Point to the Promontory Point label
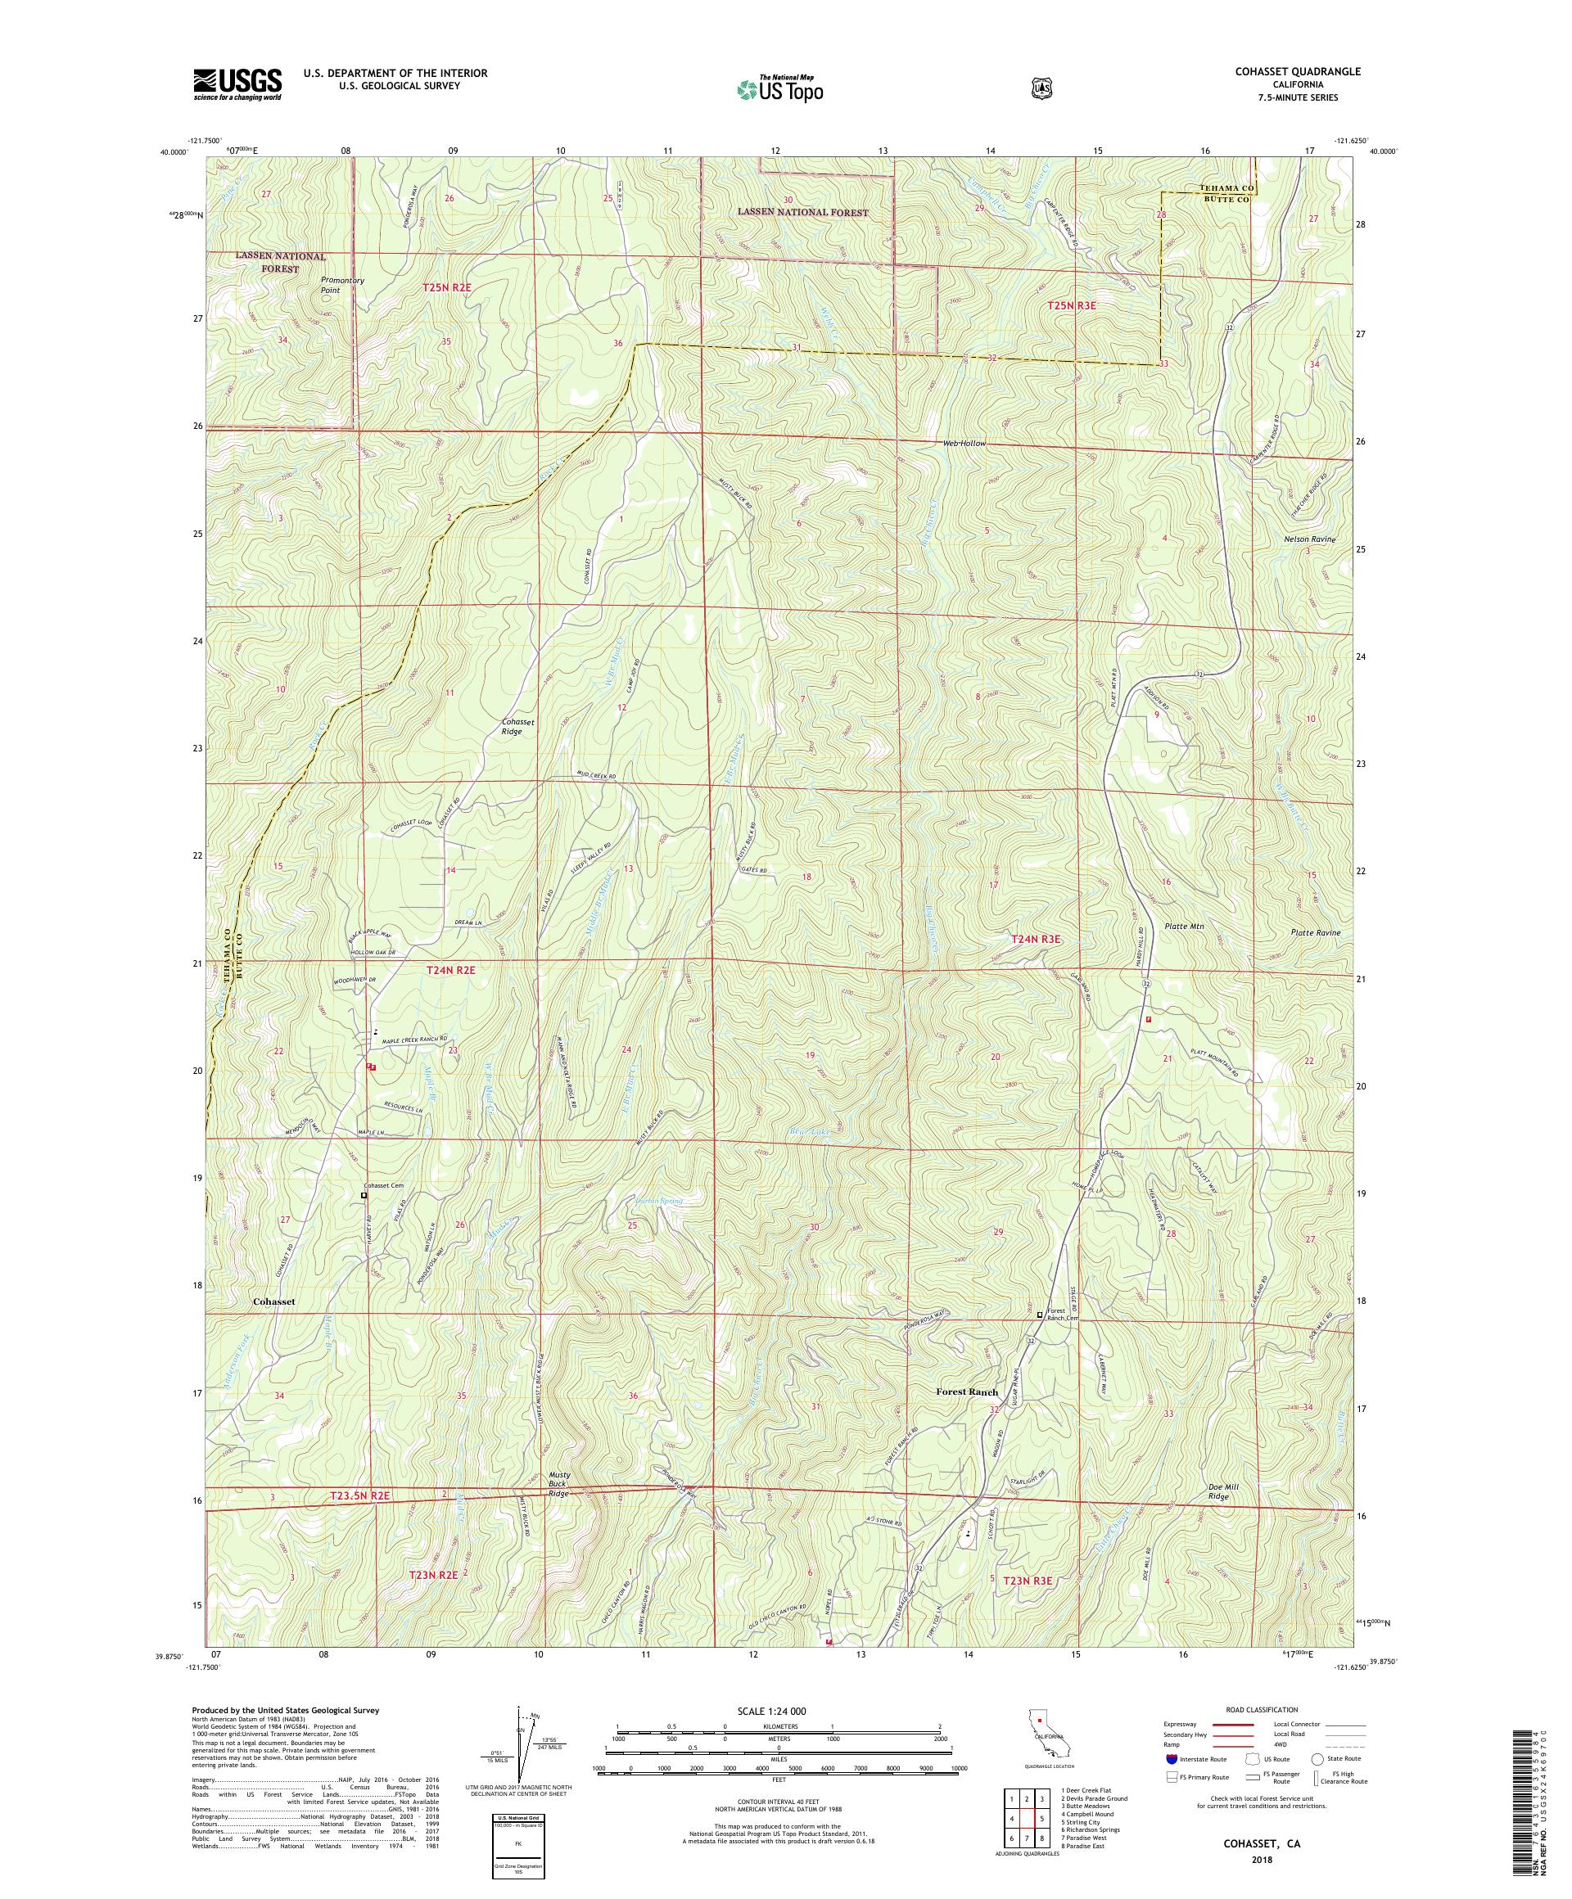[342, 285]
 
